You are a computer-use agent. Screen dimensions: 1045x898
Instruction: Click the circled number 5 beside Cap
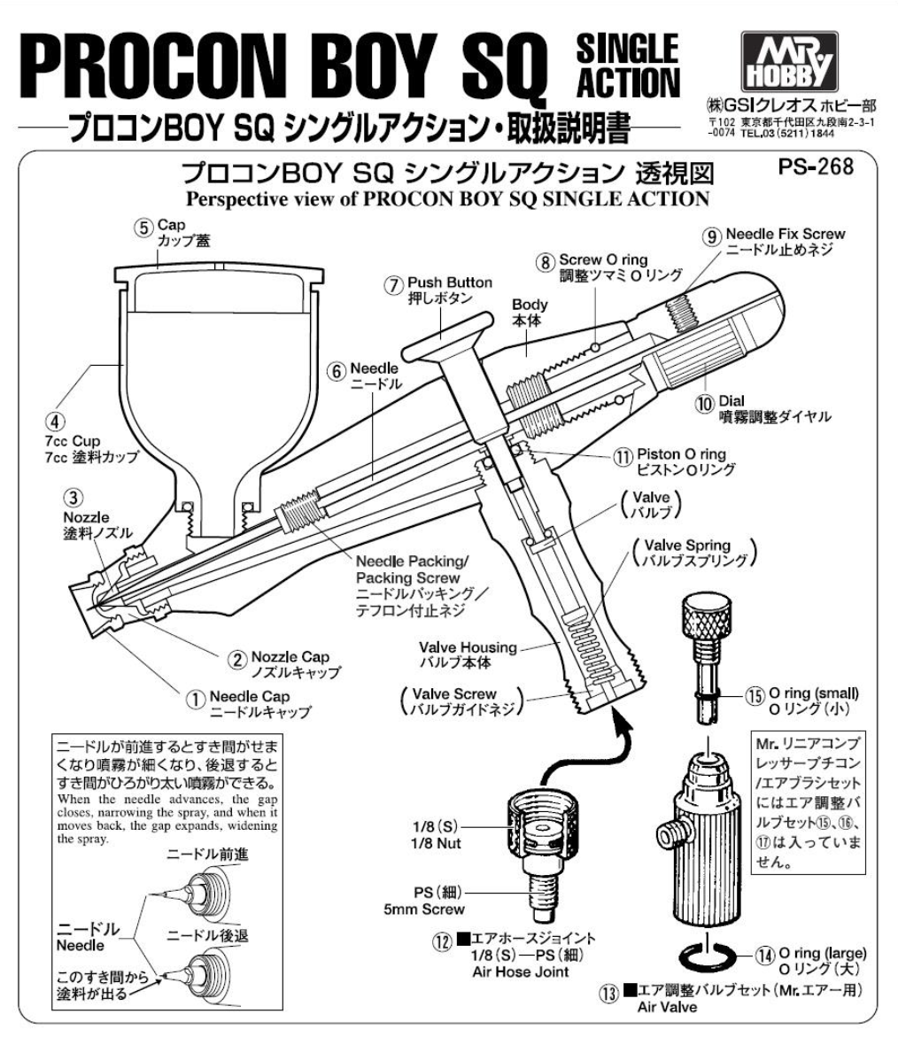[143, 227]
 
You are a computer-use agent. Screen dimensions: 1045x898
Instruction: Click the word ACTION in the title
[629, 82]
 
